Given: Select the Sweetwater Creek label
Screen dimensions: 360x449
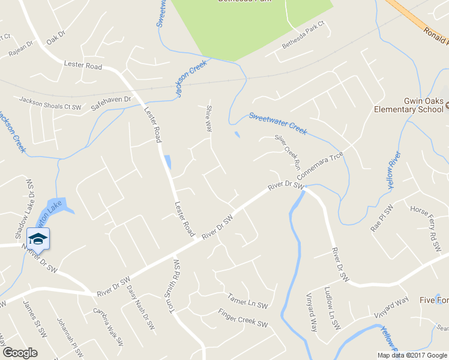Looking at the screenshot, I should pyautogui.click(x=277, y=123).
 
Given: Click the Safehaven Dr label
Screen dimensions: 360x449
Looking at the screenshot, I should pyautogui.click(x=110, y=103).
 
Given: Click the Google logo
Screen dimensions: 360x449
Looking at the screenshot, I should pyautogui.click(x=20, y=353).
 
